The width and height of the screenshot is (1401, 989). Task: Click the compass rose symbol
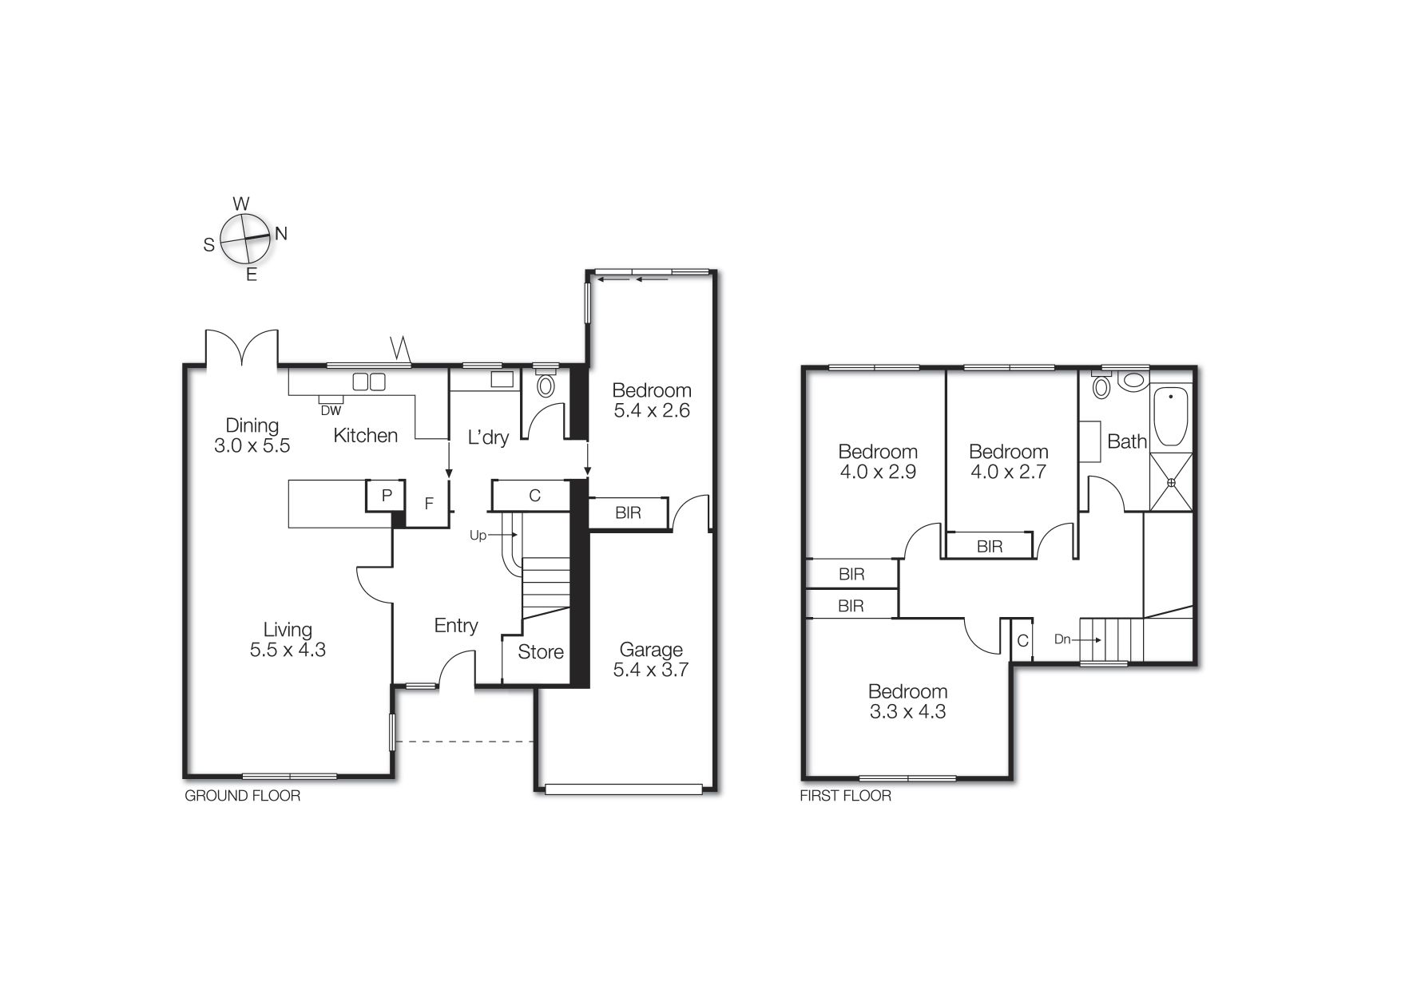pos(244,239)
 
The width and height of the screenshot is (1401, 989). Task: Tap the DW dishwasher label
pos(331,411)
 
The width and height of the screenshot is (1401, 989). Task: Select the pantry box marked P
pos(387,496)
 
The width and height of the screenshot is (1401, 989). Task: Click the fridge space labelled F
pos(429,504)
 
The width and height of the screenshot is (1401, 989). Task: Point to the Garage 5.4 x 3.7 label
pos(651,659)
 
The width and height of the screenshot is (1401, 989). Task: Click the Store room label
pos(541,652)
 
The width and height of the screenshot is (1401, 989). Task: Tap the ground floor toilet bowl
pos(546,386)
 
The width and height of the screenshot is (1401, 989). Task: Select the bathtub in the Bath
pos(1171,415)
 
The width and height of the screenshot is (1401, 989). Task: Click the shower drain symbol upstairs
pos(1171,482)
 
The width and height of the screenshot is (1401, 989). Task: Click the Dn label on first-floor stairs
pos(1062,639)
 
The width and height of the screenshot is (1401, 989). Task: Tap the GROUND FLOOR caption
pos(243,796)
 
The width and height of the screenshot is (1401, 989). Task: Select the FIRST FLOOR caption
pos(845,796)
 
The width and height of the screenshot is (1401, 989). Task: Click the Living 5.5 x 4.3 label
pos(288,639)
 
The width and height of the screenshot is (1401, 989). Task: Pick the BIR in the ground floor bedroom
pos(628,512)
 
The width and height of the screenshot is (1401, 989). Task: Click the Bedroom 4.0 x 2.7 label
pos(1008,461)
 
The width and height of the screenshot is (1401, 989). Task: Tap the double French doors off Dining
pos(242,348)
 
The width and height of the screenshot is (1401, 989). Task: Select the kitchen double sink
pos(370,382)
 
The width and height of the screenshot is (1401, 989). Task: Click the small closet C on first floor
pos(1022,641)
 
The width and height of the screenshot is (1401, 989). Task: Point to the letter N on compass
pos(281,234)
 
